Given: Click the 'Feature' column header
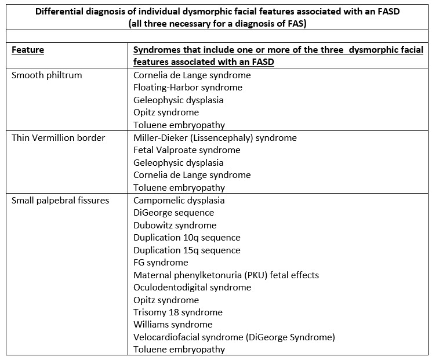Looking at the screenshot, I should [x=28, y=50].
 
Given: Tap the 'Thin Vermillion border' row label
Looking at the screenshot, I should [x=58, y=138].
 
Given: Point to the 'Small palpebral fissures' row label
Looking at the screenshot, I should [x=60, y=201].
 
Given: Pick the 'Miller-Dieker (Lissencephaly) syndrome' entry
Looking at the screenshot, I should [x=215, y=138].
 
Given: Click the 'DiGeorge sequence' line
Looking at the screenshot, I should [x=173, y=213].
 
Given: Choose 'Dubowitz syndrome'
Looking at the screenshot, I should [x=175, y=226].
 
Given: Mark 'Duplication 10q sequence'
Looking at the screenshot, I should [x=187, y=238].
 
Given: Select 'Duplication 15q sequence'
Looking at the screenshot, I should [x=187, y=250].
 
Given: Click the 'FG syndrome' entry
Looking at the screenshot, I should [x=161, y=263].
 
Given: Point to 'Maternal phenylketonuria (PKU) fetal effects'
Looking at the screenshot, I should [x=226, y=275].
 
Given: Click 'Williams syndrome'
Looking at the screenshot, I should [x=173, y=325].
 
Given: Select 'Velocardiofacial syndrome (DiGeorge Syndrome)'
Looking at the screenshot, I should [x=234, y=337].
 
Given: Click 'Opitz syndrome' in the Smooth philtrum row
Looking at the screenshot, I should [x=166, y=112].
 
